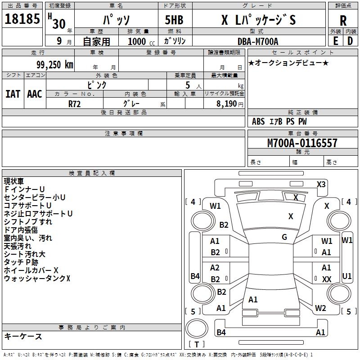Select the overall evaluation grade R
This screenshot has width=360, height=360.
pyautogui.click(x=343, y=21)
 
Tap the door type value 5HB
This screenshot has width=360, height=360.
pyautogui.click(x=171, y=20)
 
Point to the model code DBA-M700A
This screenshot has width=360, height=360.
pyautogui.click(x=258, y=42)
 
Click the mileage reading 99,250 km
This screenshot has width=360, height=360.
pyautogui.click(x=53, y=65)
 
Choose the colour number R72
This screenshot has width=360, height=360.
pyautogui.click(x=75, y=103)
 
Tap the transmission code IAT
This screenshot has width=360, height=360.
pyautogui.click(x=13, y=94)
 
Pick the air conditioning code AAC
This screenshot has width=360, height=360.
pyautogui.click(x=34, y=94)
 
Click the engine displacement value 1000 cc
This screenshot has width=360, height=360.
pyautogui.click(x=137, y=42)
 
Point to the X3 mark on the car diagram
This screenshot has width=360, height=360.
pyautogui.click(x=321, y=184)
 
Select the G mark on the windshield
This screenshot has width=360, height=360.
pyautogui.click(x=284, y=237)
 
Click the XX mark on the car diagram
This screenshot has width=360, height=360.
pyautogui.click(x=327, y=279)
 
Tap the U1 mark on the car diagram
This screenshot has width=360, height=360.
pyautogui.click(x=347, y=275)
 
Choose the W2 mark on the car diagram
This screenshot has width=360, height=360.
pyautogui.click(x=320, y=308)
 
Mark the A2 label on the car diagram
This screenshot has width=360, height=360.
pyautogui.click(x=215, y=268)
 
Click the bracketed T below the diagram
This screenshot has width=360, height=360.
pyautogui.click(x=197, y=345)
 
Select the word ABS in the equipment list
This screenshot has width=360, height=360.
pyautogui.click(x=258, y=121)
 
